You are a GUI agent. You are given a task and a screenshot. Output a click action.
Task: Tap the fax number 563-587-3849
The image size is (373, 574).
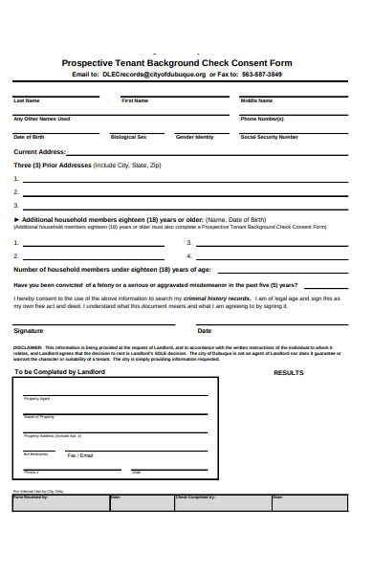tap(262, 74)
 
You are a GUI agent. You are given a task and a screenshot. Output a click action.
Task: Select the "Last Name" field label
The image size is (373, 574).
tap(27, 100)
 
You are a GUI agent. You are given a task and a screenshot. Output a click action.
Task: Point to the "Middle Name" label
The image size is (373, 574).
tap(256, 100)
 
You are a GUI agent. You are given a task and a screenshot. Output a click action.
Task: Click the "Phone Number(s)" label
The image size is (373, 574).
tap(262, 119)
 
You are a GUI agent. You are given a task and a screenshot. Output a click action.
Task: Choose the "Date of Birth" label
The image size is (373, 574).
tap(29, 137)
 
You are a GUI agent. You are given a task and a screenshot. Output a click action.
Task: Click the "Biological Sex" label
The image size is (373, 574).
tap(129, 137)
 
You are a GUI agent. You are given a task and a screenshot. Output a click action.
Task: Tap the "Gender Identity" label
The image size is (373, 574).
tap(195, 137)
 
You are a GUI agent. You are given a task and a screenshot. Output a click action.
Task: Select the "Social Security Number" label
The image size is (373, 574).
tap(270, 137)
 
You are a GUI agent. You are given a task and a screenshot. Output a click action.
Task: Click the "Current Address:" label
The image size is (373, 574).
tap(39, 151)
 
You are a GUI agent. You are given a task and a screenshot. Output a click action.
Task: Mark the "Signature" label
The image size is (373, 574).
tap(28, 330)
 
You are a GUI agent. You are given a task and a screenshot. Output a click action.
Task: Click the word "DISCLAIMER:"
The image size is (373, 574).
tap(28, 346)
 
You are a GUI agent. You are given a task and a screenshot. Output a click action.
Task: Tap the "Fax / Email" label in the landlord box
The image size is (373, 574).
tap(80, 455)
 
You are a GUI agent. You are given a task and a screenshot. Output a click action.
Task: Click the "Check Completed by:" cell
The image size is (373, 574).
tap(195, 497)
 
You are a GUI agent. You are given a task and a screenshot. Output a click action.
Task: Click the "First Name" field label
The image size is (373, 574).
tap(135, 100)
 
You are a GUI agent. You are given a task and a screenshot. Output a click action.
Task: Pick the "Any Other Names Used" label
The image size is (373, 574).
tap(42, 119)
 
